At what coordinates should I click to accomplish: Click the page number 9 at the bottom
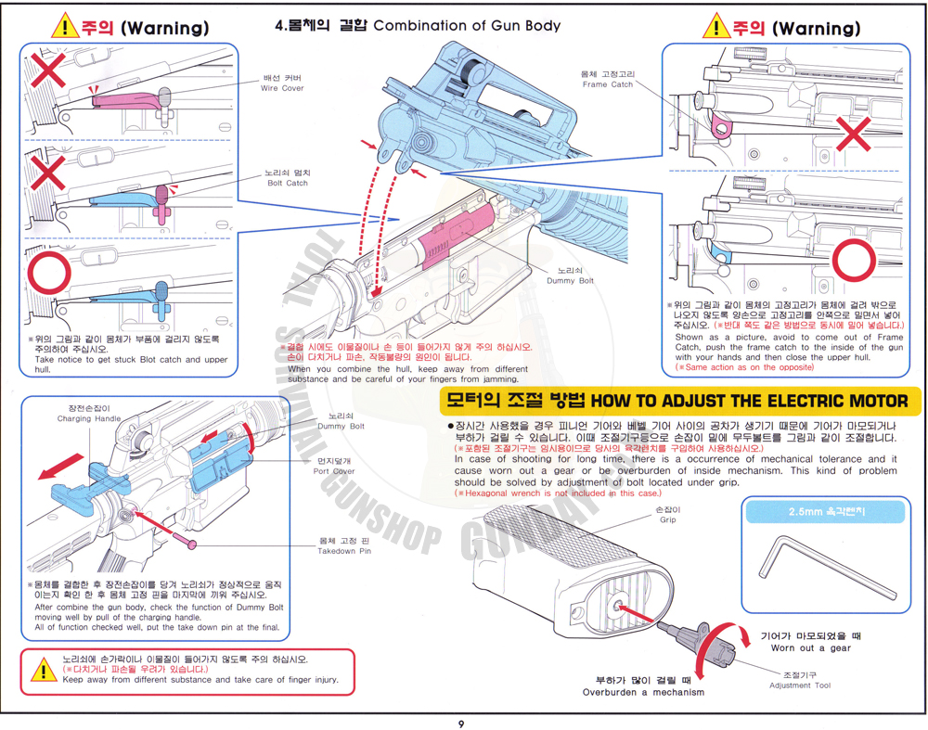pyautogui.click(x=461, y=723)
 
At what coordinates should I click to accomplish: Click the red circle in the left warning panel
pyautogui.click(x=48, y=275)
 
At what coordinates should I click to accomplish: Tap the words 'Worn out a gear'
pyautogui.click(x=810, y=648)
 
